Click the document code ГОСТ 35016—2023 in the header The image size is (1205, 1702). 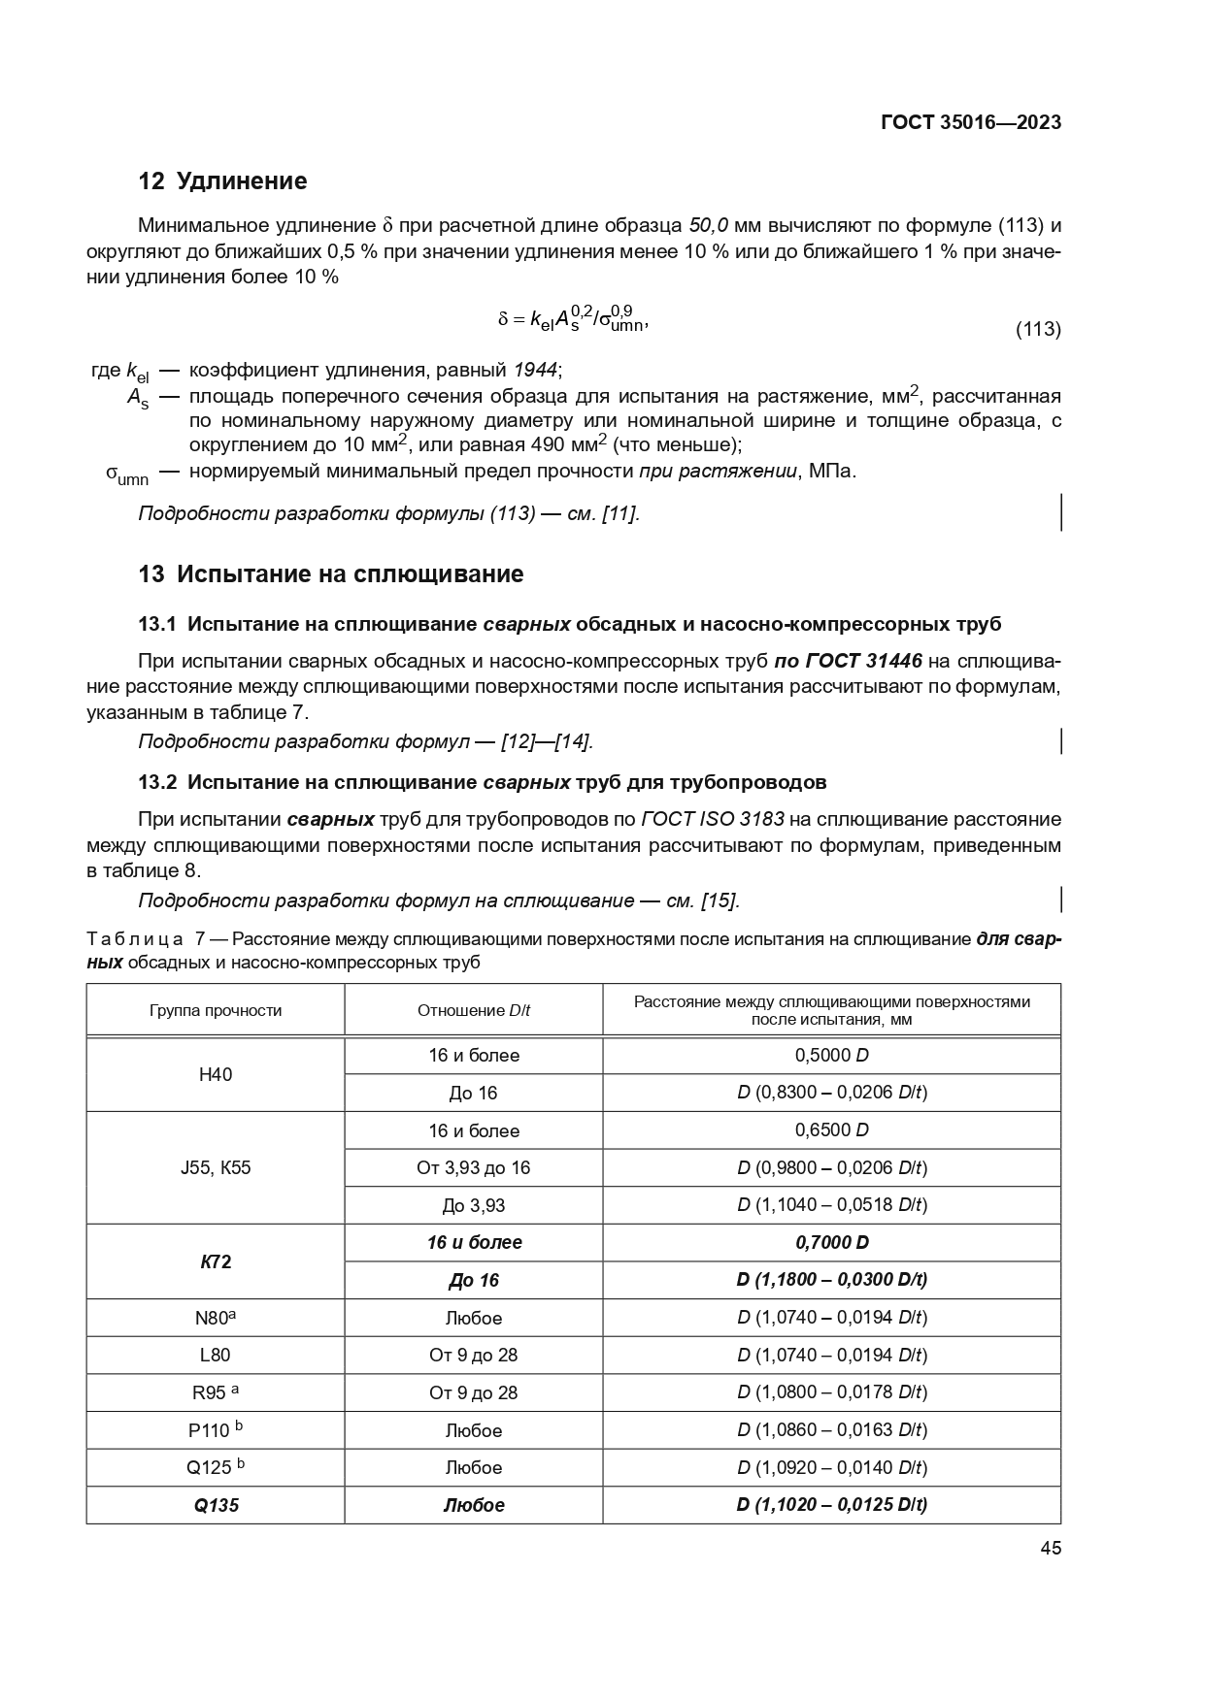970,122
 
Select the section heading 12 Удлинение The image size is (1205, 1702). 222,181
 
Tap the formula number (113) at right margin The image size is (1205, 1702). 1037,329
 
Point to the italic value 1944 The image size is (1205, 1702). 536,370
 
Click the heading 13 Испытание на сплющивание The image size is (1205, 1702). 330,574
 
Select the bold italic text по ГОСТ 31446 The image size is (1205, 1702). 848,662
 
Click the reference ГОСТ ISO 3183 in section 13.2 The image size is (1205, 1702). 712,819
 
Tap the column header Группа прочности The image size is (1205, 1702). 216,1010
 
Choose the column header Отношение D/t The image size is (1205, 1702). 474,1010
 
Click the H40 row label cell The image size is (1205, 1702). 216,1074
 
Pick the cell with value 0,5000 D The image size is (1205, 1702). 831,1055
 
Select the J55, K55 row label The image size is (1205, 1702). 216,1167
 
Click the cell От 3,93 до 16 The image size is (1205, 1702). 474,1167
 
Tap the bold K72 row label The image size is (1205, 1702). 216,1261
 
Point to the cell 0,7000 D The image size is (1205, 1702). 831,1242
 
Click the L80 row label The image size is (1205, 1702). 216,1355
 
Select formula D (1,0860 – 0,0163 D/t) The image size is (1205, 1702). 831,1430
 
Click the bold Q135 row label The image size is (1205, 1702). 216,1505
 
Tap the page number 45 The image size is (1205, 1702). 1050,1549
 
